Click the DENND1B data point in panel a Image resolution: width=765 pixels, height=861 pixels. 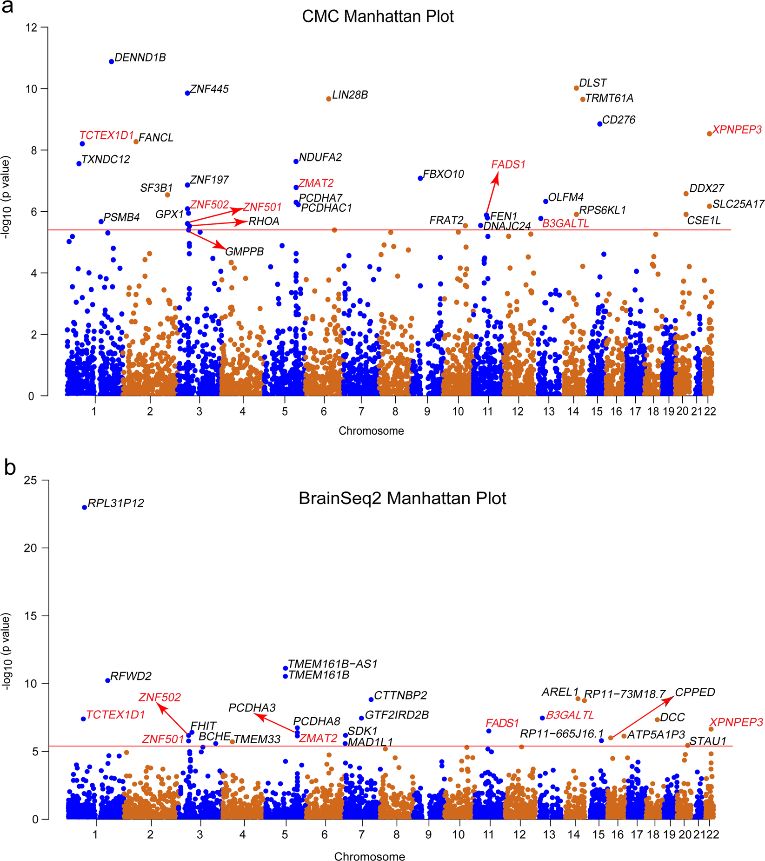coord(112,61)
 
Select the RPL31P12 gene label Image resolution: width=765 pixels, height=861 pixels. coord(116,503)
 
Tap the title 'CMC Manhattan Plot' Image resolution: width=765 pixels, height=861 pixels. coord(378,16)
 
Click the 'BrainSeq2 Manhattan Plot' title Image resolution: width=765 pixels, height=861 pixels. coord(402,498)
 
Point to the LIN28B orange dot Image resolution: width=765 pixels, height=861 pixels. coord(329,99)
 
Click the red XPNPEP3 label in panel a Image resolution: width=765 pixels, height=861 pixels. coord(737,130)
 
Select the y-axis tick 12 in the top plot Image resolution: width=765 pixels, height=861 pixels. coord(32,27)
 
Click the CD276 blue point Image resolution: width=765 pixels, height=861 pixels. coord(600,124)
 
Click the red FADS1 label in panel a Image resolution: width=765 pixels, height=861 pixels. coord(508,164)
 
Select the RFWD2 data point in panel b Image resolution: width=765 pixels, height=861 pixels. coord(108,680)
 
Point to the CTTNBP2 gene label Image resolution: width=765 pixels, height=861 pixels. coord(400,695)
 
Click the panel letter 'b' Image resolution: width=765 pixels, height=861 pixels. coord(10,468)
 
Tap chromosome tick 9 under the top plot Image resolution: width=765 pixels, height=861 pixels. coord(427,411)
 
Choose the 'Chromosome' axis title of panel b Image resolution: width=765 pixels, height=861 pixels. coord(369,856)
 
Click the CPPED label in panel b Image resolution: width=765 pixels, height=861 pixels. coord(695,693)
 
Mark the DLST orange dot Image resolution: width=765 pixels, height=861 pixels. coord(577,88)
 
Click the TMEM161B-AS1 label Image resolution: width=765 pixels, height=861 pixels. coord(333,664)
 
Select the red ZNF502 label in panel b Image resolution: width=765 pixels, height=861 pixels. coord(160,697)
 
